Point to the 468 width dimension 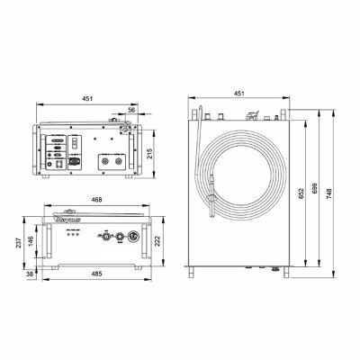tap(93, 202)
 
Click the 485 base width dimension tap(93, 274)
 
